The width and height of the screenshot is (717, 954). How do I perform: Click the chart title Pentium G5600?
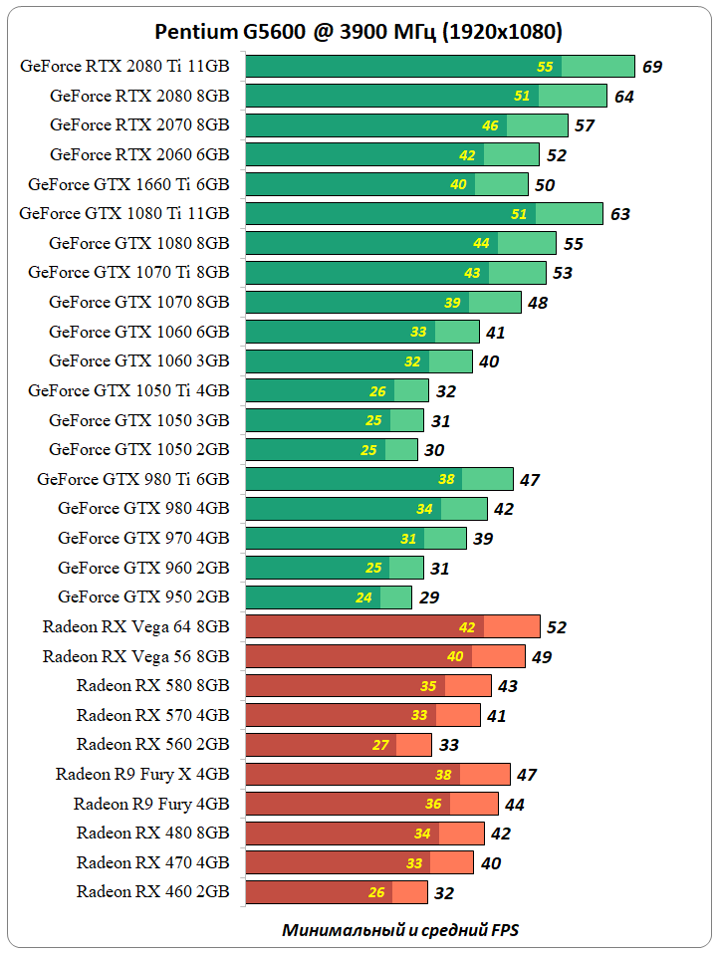coord(358,32)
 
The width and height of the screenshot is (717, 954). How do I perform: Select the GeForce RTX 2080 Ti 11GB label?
coord(124,67)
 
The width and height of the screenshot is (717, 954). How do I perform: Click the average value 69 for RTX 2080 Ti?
coord(652,68)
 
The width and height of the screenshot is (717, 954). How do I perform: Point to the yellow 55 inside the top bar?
coord(545,67)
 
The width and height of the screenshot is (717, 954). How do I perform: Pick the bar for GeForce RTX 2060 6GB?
coord(392,154)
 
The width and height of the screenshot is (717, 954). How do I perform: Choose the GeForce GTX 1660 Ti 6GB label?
coord(128,184)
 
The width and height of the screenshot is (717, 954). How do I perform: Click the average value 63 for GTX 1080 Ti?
coord(620,214)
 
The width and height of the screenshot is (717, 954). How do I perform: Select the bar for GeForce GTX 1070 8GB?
coord(383,302)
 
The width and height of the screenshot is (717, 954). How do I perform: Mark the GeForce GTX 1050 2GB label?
coord(139,449)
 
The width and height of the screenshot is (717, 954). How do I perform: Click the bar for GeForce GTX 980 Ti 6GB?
coord(379,479)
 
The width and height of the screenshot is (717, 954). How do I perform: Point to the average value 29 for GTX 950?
coord(429,597)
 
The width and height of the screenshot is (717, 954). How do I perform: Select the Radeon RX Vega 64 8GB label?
coord(135,626)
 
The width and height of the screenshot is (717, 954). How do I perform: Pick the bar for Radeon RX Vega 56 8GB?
coord(385,656)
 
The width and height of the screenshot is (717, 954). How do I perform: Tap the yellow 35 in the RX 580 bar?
coord(428,686)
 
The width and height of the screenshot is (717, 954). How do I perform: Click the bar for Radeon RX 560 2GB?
coord(339,745)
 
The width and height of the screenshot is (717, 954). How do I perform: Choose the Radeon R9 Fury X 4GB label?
coord(142,774)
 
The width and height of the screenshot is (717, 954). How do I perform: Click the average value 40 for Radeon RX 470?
coord(491,863)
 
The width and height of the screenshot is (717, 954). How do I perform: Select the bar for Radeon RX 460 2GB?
coord(337,892)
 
